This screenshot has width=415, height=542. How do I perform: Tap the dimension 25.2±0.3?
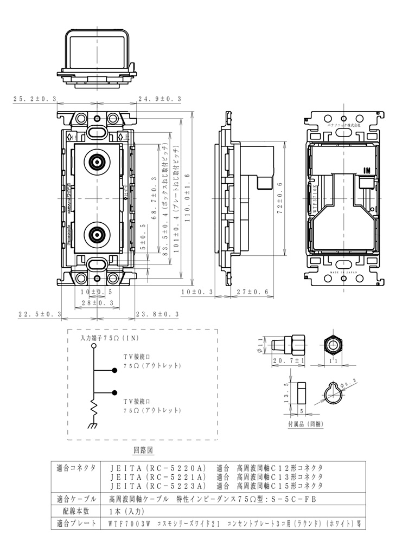click(35, 99)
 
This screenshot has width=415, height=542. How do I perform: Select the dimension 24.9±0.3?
click(159, 99)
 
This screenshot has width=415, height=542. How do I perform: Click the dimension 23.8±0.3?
click(158, 314)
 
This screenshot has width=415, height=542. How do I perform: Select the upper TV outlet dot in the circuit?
click(114, 371)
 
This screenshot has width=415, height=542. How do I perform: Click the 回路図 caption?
click(144, 450)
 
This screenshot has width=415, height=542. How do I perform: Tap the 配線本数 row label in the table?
click(76, 511)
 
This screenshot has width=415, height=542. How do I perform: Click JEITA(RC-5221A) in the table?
click(158, 476)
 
